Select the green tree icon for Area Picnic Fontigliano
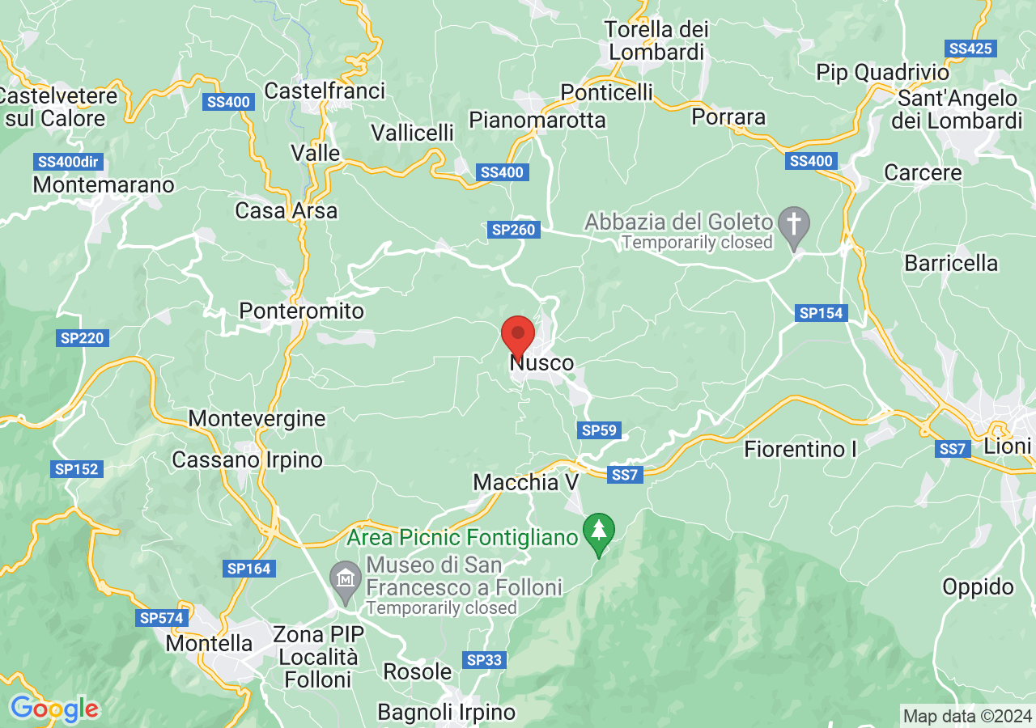[599, 531]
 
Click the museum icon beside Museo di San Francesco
[346, 580]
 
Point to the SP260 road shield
[513, 231]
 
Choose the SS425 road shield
[970, 49]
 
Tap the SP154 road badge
[821, 313]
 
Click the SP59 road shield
[599, 430]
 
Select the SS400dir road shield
[68, 162]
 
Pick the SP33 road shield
[485, 660]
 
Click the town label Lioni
[1008, 447]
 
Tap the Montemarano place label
[104, 185]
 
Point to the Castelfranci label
[325, 91]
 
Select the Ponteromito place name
[302, 311]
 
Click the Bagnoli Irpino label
[447, 713]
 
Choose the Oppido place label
[978, 587]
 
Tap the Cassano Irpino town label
[248, 460]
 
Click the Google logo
[54, 709]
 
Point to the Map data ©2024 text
[967, 716]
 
